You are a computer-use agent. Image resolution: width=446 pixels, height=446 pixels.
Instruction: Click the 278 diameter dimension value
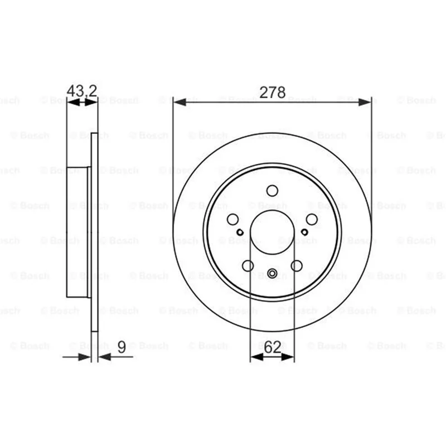coord(273,93)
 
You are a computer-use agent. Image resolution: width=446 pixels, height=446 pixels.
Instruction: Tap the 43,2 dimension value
coord(82,91)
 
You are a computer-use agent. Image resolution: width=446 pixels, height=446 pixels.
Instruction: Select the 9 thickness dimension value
coord(122,347)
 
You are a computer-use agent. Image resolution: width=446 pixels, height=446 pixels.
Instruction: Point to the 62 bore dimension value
coord(272,347)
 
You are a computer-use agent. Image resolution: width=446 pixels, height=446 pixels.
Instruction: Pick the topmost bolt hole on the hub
coord(272,191)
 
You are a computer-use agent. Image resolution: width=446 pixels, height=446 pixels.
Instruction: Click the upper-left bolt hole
coord(232,219)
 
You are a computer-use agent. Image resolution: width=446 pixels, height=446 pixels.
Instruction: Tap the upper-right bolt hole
coord(312,219)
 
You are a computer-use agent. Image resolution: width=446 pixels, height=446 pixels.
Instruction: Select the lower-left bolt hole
coord(248,266)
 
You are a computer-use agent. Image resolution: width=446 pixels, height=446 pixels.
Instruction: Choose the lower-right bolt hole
coord(297,266)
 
